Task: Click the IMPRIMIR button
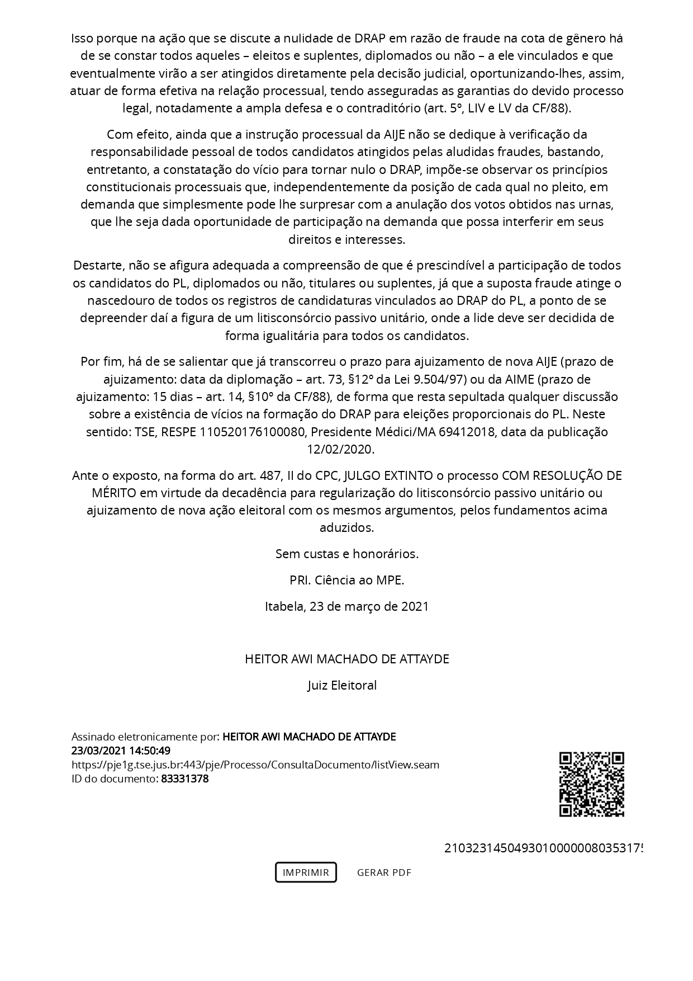[x=306, y=872]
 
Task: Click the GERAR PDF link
[x=384, y=872]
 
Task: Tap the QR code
[x=591, y=784]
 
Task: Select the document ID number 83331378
[x=184, y=779]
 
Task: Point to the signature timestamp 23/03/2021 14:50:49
[x=121, y=751]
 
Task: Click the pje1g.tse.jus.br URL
[x=255, y=765]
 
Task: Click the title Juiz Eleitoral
[x=342, y=685]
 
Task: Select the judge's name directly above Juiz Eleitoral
[x=346, y=659]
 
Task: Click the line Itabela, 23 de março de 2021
[x=346, y=606]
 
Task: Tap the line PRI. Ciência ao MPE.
[x=346, y=580]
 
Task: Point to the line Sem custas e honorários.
[x=346, y=554]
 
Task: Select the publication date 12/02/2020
[x=340, y=449]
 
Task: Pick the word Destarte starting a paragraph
[x=93, y=265]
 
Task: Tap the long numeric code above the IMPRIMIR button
[x=542, y=848]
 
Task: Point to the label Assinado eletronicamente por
[x=145, y=737]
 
